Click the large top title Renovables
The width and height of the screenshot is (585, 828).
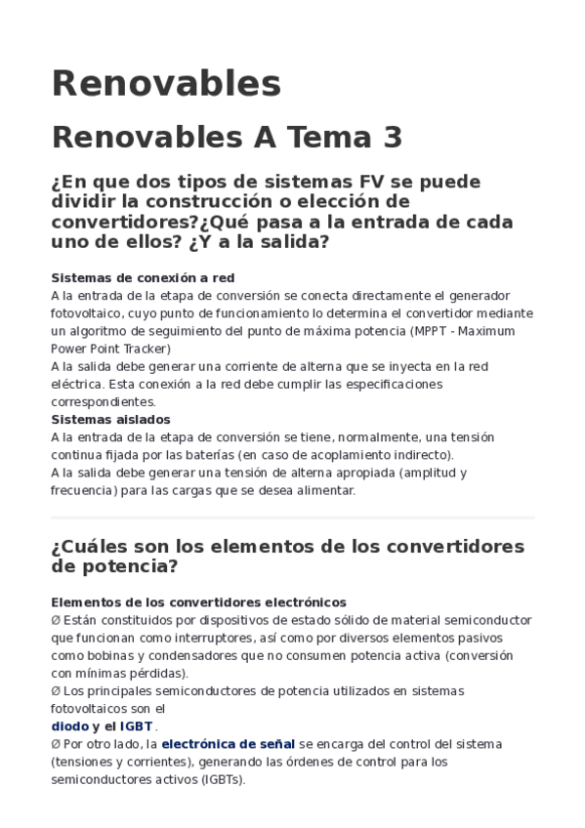166,84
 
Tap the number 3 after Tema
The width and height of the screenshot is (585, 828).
393,138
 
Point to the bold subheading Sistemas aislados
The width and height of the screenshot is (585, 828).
110,420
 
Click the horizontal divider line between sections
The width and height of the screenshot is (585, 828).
292,517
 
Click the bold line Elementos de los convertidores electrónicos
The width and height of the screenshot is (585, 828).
198,602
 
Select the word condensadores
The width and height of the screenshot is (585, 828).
208,655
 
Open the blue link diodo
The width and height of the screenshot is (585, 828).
69,726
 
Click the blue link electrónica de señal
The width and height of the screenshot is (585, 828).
228,744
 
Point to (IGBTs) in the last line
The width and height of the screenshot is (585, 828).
224,779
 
